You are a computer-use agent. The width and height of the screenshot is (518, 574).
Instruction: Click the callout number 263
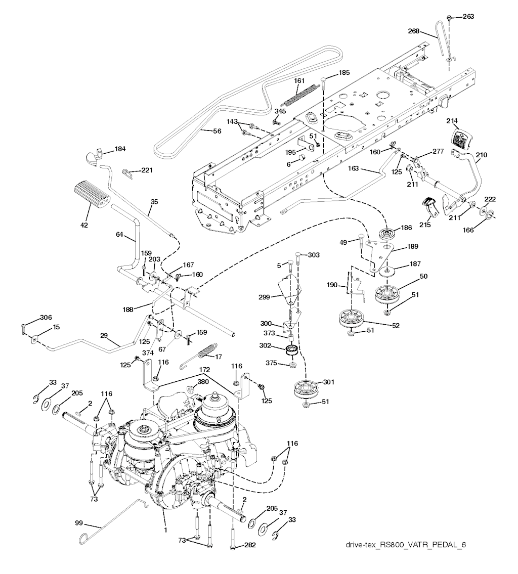click(468, 17)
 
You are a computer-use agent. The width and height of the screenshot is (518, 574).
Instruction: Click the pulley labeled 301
click(309, 389)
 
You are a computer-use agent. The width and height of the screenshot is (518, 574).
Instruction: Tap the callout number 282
click(250, 545)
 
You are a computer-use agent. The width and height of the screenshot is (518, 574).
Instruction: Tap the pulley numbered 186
click(388, 235)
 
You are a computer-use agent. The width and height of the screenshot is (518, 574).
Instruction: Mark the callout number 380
click(203, 383)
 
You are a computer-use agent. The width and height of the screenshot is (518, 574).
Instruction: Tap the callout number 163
click(354, 171)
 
